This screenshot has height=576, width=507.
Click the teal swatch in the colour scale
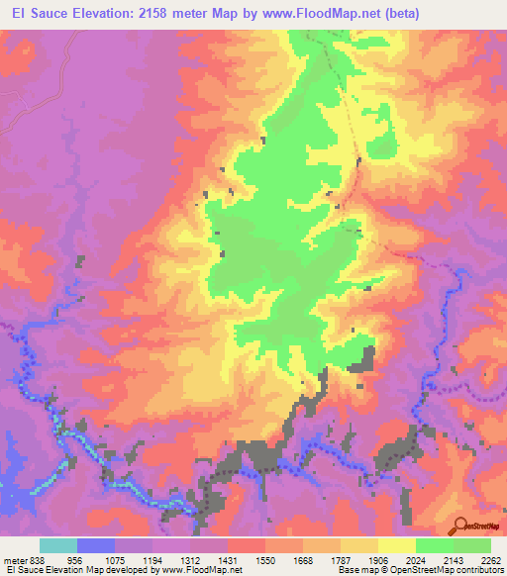[x=58, y=545]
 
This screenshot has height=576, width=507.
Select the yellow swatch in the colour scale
[x=397, y=545]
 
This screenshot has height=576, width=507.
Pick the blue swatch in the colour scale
[x=96, y=545]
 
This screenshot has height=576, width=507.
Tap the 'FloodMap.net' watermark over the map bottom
[x=209, y=528]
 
